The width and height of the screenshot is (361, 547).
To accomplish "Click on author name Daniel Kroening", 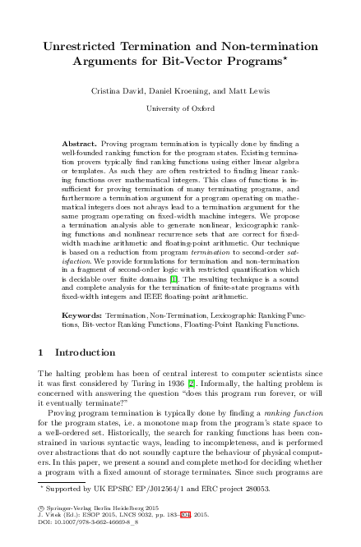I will pyautogui.click(x=180, y=88).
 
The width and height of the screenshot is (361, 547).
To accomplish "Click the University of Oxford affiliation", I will pyautogui.click(x=180, y=108).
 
